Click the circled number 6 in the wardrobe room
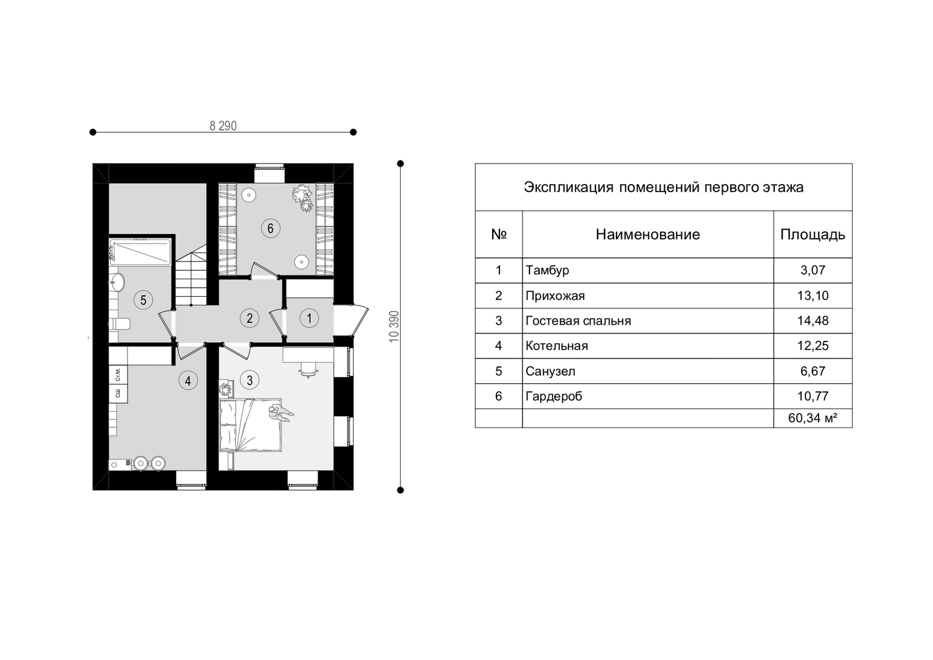pos(271,228)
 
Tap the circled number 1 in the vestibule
pos(309,318)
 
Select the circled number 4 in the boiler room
pos(188,381)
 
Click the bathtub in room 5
pos(141,252)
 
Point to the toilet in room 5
pos(119,323)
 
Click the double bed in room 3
pos(250,425)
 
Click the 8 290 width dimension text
pos(223,126)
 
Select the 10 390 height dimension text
pos(394,327)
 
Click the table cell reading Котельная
pos(557,346)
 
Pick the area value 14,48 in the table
pos(812,321)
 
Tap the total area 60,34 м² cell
pos(812,418)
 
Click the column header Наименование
pos(648,234)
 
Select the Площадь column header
pos(812,235)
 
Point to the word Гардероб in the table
pos(554,396)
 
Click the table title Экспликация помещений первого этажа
pos(664,187)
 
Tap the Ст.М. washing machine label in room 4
pos(118,374)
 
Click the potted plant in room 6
pos(303,199)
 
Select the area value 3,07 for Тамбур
pos(812,271)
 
